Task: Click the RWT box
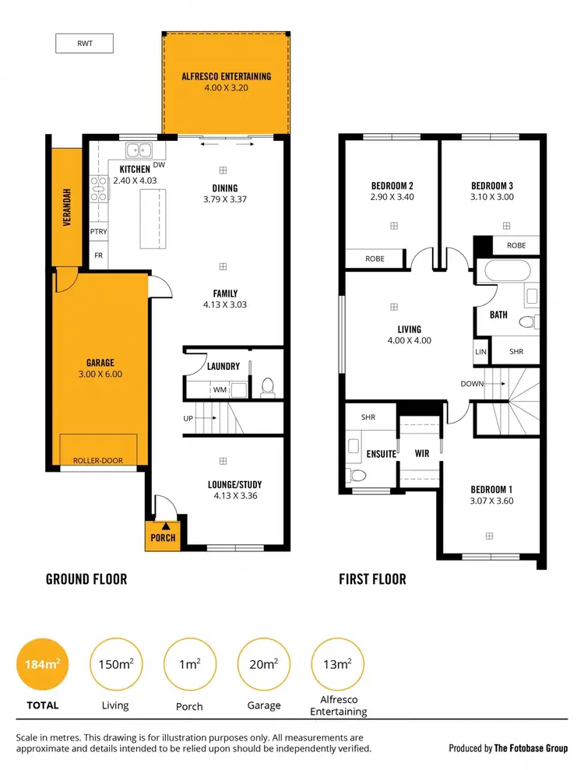click(84, 44)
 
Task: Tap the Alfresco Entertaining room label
click(226, 76)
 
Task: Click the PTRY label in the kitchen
click(98, 231)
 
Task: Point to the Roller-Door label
click(98, 460)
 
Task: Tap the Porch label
click(163, 537)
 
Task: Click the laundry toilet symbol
click(268, 385)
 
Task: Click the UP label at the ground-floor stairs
click(188, 418)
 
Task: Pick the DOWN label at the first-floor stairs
click(472, 384)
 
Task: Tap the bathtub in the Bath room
click(507, 272)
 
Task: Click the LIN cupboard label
click(480, 352)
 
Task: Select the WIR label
click(422, 452)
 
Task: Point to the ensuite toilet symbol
click(358, 474)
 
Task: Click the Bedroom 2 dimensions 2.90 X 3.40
click(392, 197)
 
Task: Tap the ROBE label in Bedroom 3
click(516, 245)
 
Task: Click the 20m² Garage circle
click(263, 664)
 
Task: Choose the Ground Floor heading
click(86, 579)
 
